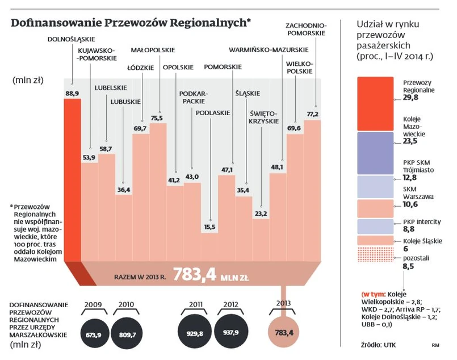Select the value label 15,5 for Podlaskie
[x=210, y=227]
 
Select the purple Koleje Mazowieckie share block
[x=374, y=152]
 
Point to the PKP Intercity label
[x=421, y=221]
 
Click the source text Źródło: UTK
[x=374, y=345]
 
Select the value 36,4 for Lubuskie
[x=123, y=189]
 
